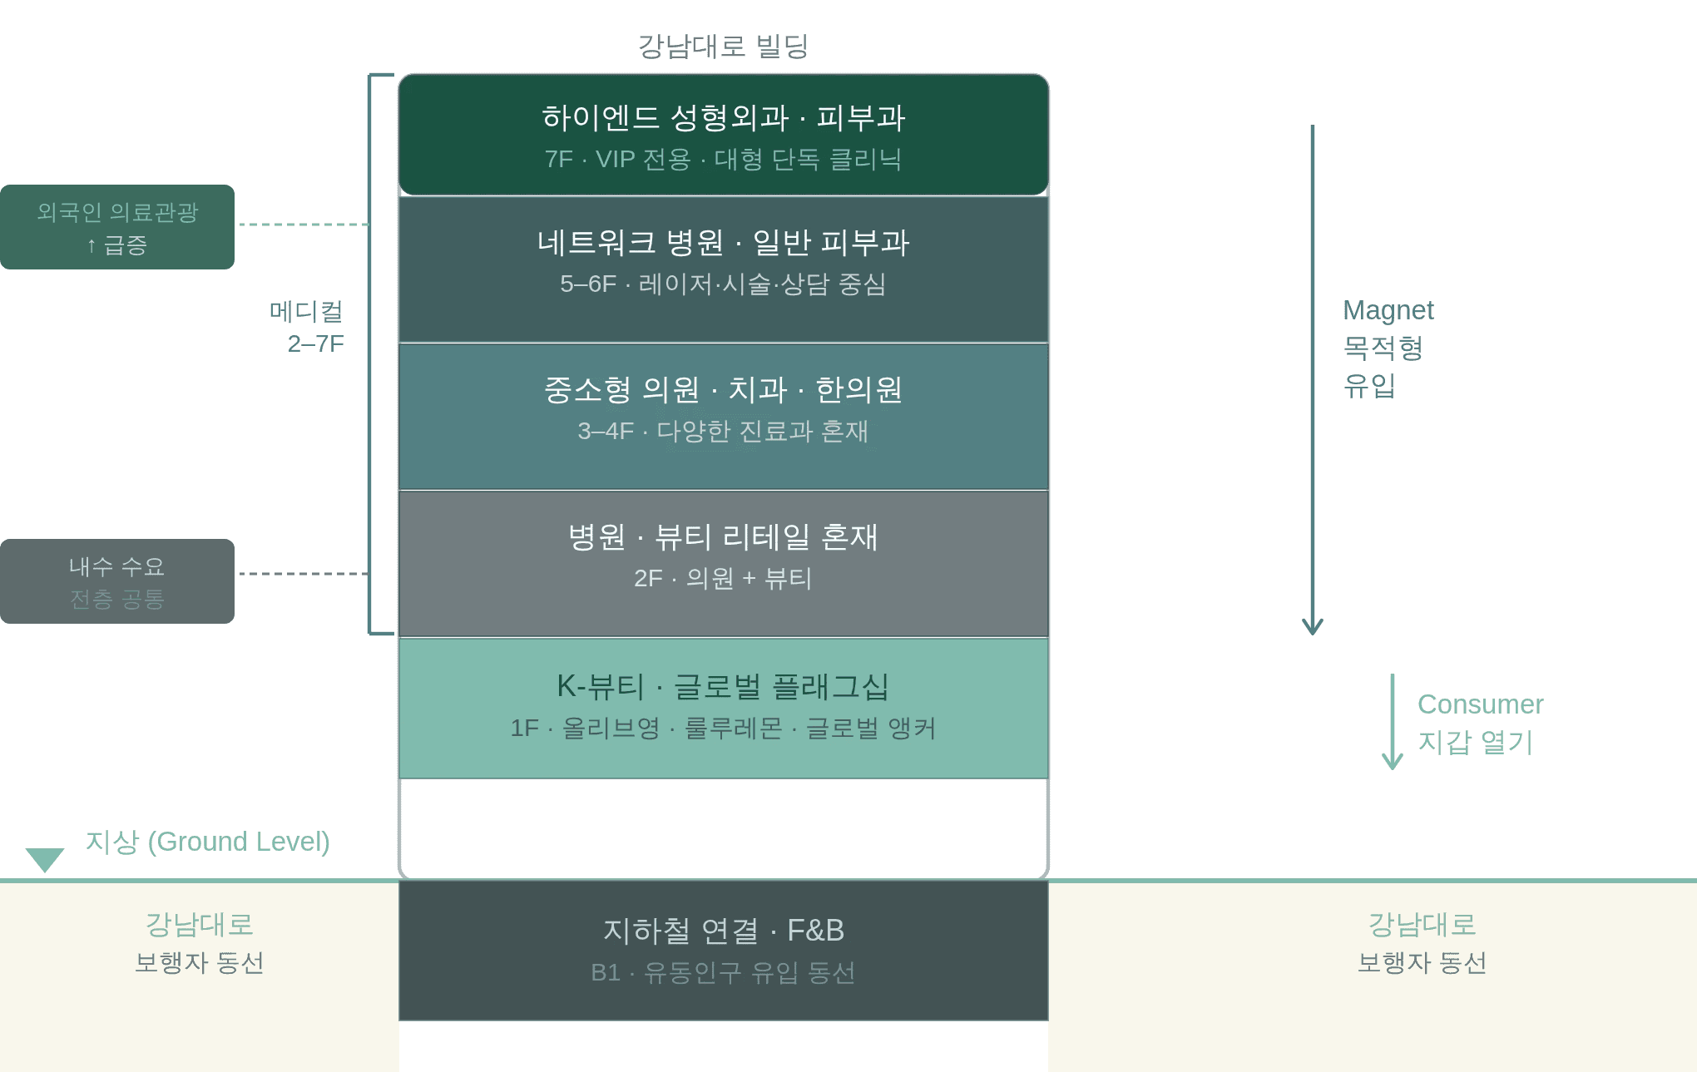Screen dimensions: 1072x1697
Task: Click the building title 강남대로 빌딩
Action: coord(723,46)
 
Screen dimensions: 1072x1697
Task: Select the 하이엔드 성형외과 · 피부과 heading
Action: coord(723,117)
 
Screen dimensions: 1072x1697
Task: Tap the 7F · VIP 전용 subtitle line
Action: coord(723,159)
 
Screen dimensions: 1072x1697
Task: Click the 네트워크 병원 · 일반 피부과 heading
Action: coord(723,242)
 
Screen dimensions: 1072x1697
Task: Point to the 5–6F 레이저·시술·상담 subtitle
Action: coord(723,284)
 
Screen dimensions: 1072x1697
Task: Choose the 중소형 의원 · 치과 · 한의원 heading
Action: coord(723,389)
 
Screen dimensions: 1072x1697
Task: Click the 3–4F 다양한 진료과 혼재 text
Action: coord(723,431)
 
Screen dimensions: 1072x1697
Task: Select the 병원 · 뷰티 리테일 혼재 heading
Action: coord(723,536)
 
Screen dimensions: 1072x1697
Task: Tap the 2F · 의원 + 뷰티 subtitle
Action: coord(723,578)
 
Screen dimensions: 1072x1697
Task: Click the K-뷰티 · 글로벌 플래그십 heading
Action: coord(723,686)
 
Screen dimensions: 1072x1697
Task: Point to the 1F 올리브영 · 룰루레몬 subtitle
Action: coord(723,729)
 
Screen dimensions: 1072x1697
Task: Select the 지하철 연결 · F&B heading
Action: coord(723,931)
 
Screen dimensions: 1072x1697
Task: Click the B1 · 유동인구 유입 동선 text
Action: coord(723,972)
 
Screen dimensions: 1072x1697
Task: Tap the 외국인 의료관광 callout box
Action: coord(117,227)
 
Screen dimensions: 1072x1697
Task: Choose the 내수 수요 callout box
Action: coord(117,581)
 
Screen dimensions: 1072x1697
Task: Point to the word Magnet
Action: coord(1388,310)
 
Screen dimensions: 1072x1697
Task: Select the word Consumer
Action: coord(1480,704)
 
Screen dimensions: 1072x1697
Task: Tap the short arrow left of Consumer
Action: coord(1392,722)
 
